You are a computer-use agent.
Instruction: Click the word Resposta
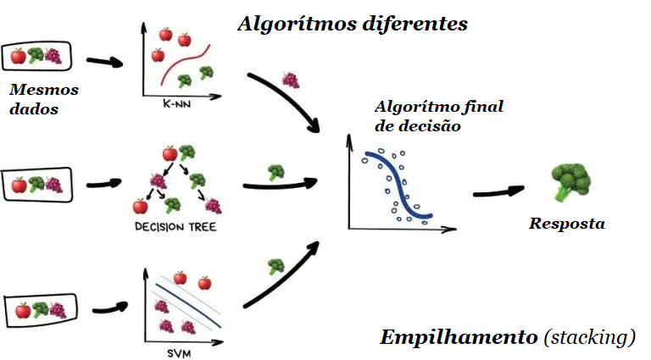567,224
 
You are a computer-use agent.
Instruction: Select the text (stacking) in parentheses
589,337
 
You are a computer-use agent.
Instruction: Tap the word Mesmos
43,88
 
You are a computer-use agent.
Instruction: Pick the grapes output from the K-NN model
291,80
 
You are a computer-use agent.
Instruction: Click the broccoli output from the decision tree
276,172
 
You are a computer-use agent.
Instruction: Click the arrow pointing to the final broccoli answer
500,191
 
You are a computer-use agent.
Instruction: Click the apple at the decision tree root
169,153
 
